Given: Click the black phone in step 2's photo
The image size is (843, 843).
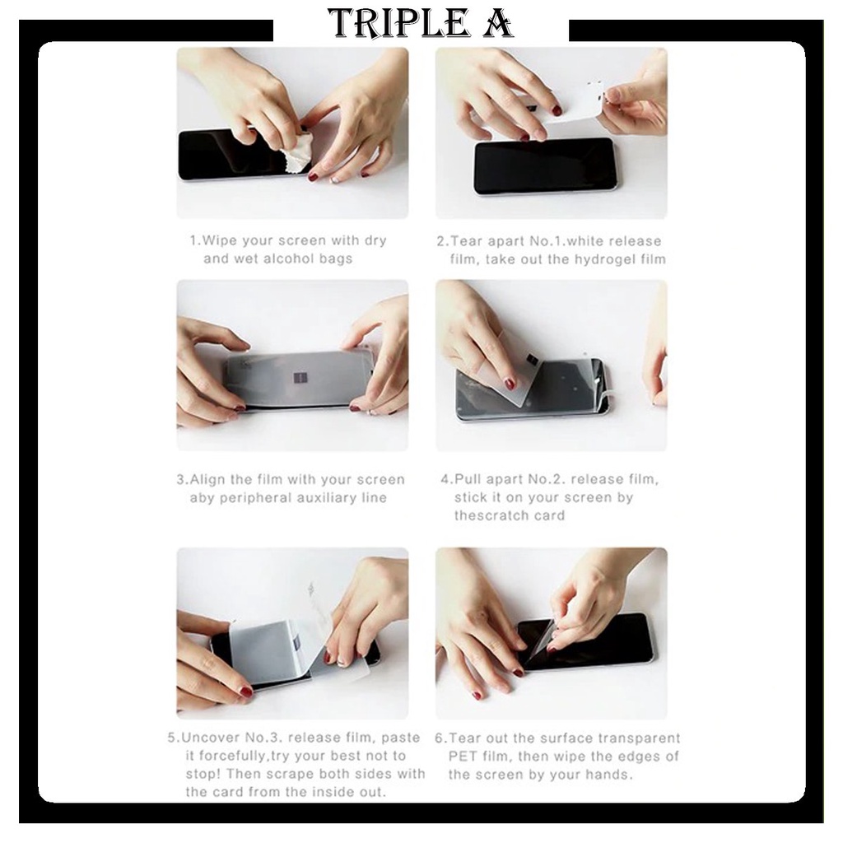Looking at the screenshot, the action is pyautogui.click(x=544, y=165).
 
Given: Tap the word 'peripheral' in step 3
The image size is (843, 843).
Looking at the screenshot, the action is pyautogui.click(x=251, y=498).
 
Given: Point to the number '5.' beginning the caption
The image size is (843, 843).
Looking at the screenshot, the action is pyautogui.click(x=173, y=738).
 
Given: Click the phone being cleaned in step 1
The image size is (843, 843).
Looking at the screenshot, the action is pyautogui.click(x=242, y=154).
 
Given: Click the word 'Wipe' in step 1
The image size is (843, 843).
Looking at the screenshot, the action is pyautogui.click(x=219, y=240).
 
